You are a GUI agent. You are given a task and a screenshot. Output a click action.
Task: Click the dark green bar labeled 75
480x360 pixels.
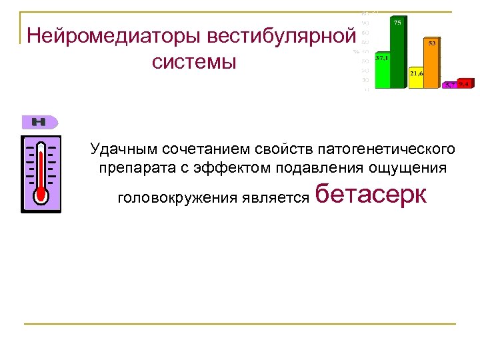pyautogui.click(x=397, y=53)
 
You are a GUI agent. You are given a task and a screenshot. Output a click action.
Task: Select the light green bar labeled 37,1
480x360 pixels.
pyautogui.click(x=382, y=72)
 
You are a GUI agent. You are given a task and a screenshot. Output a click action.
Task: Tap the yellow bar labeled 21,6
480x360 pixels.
pyautogui.click(x=416, y=77)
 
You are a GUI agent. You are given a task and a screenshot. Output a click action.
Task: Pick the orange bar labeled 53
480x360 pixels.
pyautogui.click(x=432, y=63)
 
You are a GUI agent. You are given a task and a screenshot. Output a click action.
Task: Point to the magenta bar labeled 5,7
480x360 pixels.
pyautogui.click(x=450, y=85)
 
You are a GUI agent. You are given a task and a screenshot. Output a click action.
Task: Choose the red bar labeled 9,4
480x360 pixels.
pyautogui.click(x=465, y=84)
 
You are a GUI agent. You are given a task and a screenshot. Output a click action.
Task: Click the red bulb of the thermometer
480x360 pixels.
pyautogui.click(x=41, y=193)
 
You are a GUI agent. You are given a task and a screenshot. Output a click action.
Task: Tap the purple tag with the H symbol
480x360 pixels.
pyautogui.click(x=40, y=122)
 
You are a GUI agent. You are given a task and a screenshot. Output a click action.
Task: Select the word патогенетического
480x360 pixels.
pyautogui.click(x=387, y=147)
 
